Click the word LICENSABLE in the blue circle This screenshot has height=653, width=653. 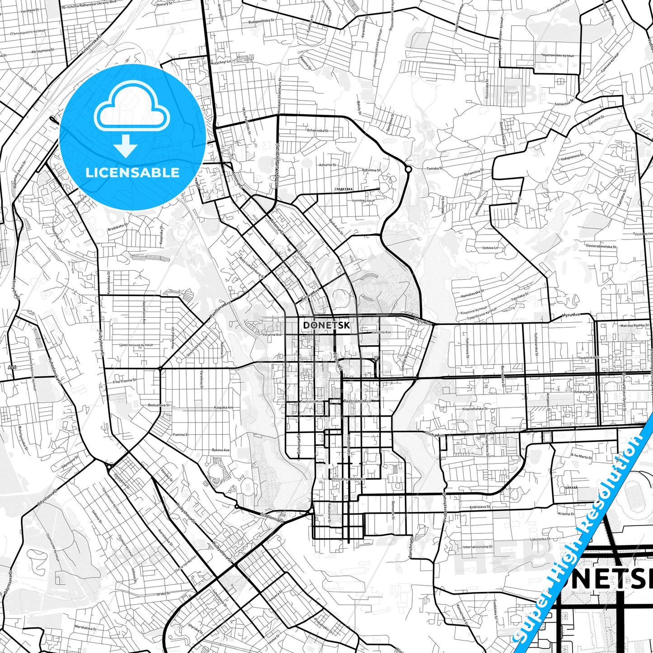[132, 172]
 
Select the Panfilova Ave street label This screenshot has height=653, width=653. [220, 311]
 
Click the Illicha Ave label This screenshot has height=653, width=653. [435, 435]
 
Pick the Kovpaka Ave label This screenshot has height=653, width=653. [224, 408]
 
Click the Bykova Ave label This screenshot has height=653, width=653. [221, 451]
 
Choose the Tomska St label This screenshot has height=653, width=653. [433, 169]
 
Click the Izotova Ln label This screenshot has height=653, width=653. [490, 248]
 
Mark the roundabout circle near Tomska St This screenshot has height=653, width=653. [408, 169]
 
